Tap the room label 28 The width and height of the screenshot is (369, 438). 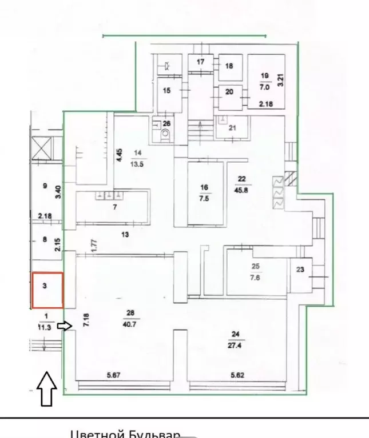pyautogui.click(x=130, y=313)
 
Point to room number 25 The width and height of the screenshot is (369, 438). pyautogui.click(x=256, y=266)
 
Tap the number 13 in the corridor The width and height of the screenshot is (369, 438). pyautogui.click(x=125, y=234)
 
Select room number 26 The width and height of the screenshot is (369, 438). pyautogui.click(x=166, y=123)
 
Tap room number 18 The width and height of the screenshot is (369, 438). pyautogui.click(x=229, y=66)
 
